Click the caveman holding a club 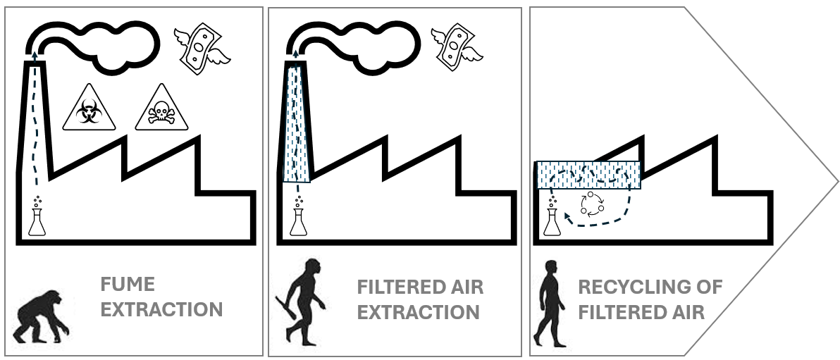(306, 303)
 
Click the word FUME (128, 285)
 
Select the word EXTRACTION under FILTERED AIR (419, 311)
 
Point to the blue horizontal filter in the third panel (588, 176)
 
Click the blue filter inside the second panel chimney (298, 123)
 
